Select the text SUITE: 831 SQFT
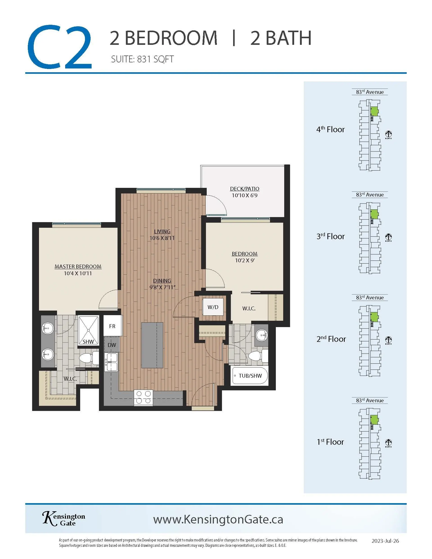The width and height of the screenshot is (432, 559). [x=142, y=59]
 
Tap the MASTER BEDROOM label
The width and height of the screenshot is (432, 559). [x=78, y=266]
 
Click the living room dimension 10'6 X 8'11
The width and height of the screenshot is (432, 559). [x=162, y=238]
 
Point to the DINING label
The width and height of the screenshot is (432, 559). [x=162, y=281]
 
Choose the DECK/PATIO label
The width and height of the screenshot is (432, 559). [x=245, y=189]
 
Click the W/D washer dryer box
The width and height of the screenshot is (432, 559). [x=213, y=307]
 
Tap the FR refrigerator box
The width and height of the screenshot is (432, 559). [x=112, y=326]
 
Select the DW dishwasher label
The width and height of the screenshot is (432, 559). [x=112, y=345]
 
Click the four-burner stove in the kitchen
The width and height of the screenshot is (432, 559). [x=143, y=397]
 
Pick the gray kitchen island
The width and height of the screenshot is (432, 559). [x=152, y=345]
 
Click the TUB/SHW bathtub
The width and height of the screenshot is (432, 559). [x=250, y=376]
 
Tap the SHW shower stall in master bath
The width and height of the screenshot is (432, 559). [x=88, y=330]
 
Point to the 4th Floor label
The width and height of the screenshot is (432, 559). [x=330, y=129]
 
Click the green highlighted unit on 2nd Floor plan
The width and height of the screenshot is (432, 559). [x=374, y=317]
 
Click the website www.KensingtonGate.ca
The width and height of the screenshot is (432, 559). [x=218, y=519]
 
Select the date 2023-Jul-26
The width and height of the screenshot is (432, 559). [x=385, y=541]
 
